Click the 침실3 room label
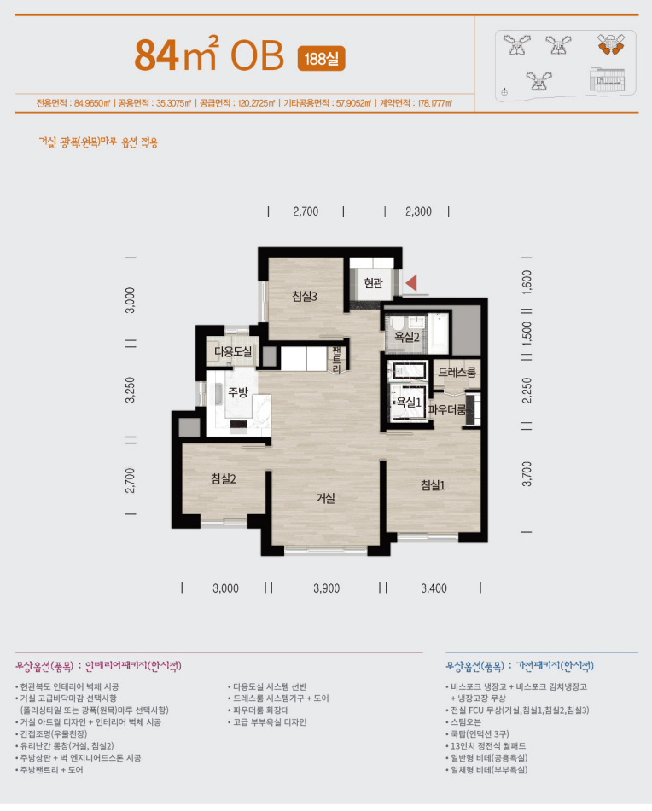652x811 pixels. pos(305,297)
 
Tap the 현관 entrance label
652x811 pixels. pos(373,283)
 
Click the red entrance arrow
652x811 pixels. pos(411,283)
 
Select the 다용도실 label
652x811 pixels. pos(233,351)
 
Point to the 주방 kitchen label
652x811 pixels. pos(238,392)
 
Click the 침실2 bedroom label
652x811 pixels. pos(224,479)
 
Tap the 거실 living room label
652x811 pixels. pos(325,498)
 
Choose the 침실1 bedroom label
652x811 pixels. pos(433,485)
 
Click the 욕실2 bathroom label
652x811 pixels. pos(407,337)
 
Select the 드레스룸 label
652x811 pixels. pos(457,373)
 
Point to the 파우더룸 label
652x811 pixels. pos(447,410)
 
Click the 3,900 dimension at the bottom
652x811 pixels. pos(327,588)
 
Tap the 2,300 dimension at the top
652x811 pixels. pos(418,211)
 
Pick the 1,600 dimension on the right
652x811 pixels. pos(527,282)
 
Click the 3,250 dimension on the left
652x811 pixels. pos(130,391)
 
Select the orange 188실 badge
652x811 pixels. pos(322,59)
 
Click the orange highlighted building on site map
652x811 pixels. pos(610,44)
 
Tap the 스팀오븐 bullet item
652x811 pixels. pos(466,722)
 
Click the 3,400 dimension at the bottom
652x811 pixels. pos(434,588)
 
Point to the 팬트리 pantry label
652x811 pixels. pos(337,360)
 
